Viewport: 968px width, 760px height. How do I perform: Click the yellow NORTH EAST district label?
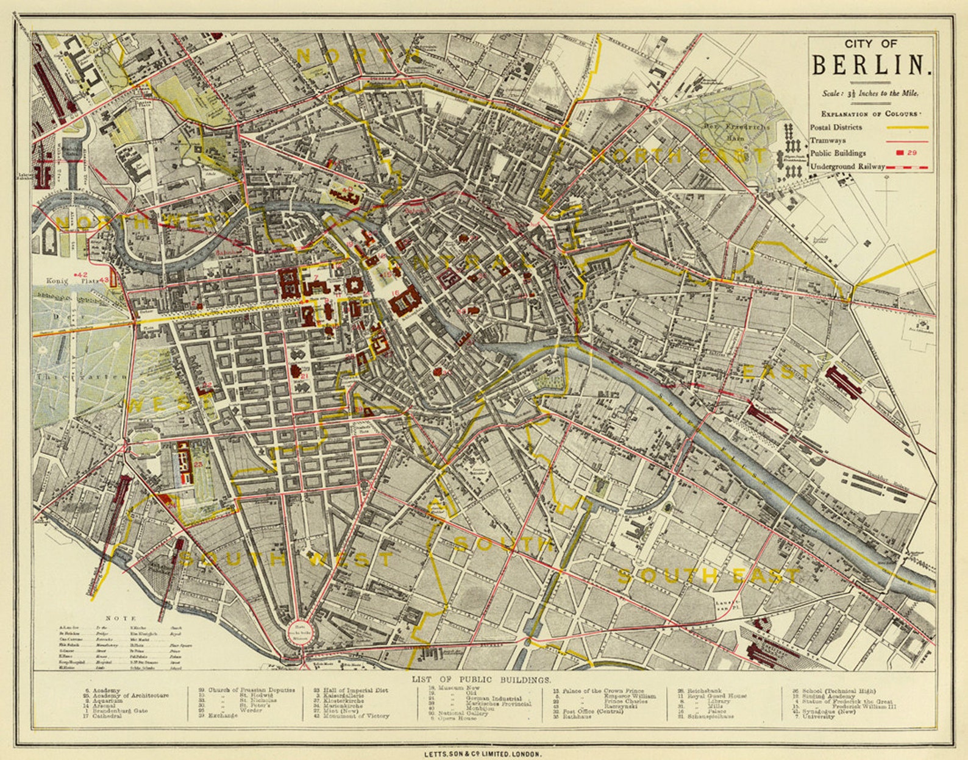tap(680, 156)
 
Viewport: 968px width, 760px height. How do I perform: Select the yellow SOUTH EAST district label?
tap(709, 575)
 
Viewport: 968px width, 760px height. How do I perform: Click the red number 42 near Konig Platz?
tap(83, 275)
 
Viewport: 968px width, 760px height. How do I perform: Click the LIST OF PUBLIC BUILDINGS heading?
tap(482, 679)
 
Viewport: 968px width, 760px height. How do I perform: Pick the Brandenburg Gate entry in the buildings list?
tap(119, 711)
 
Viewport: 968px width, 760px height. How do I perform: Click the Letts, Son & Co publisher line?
tap(483, 754)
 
